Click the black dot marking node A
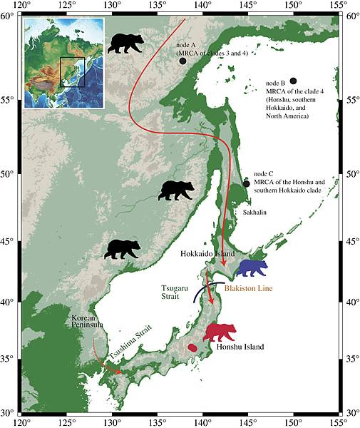[x=182, y=61]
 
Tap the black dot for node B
[x=293, y=81]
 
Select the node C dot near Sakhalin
[x=247, y=183]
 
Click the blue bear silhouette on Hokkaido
[x=252, y=268]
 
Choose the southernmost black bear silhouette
[x=123, y=249]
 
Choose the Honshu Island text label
[x=239, y=347]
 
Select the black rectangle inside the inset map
[x=72, y=71]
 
